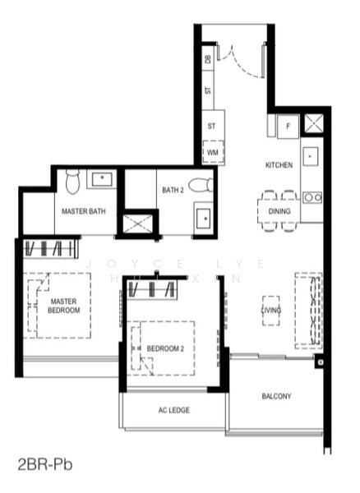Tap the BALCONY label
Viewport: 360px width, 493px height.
pos(276,396)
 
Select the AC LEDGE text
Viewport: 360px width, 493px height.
pos(174,410)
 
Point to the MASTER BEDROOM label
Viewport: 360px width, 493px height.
pos(63,306)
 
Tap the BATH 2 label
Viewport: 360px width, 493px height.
pos(173,190)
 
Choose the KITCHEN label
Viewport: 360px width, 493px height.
pos(279,165)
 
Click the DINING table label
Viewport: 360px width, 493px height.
pos(279,211)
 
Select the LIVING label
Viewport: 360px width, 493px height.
pos(271,311)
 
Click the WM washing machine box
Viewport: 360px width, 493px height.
pos(213,153)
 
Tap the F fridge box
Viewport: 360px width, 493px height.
pos(287,126)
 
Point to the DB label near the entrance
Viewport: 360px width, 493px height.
pos(208,59)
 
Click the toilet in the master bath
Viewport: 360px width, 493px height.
pos(72,180)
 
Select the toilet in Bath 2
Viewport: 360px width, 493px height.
pos(200,186)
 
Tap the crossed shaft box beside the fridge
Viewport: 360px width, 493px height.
pos(313,124)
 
